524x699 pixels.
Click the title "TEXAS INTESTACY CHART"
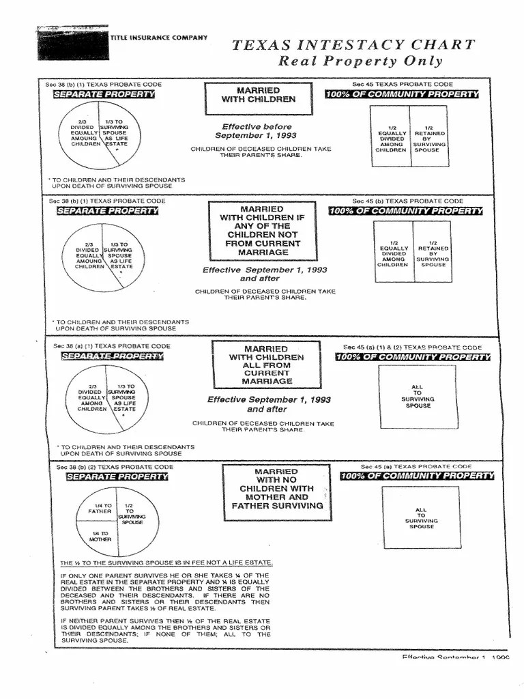point(353,46)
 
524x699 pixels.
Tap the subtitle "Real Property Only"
point(360,61)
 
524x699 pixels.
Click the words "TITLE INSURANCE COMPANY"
point(159,38)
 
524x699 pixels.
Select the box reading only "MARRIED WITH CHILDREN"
point(258,95)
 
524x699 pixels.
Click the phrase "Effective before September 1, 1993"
point(257,131)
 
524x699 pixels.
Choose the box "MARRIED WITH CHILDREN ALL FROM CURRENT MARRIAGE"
point(267,365)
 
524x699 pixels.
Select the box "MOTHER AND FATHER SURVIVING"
point(277,489)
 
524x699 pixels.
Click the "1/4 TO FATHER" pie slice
point(101,509)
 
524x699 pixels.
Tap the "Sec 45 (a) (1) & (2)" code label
point(412,347)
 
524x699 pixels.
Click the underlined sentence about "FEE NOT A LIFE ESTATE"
point(166,563)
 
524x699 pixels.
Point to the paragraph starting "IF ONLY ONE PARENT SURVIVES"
point(165,591)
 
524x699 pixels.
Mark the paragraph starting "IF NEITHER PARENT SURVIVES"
point(165,631)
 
